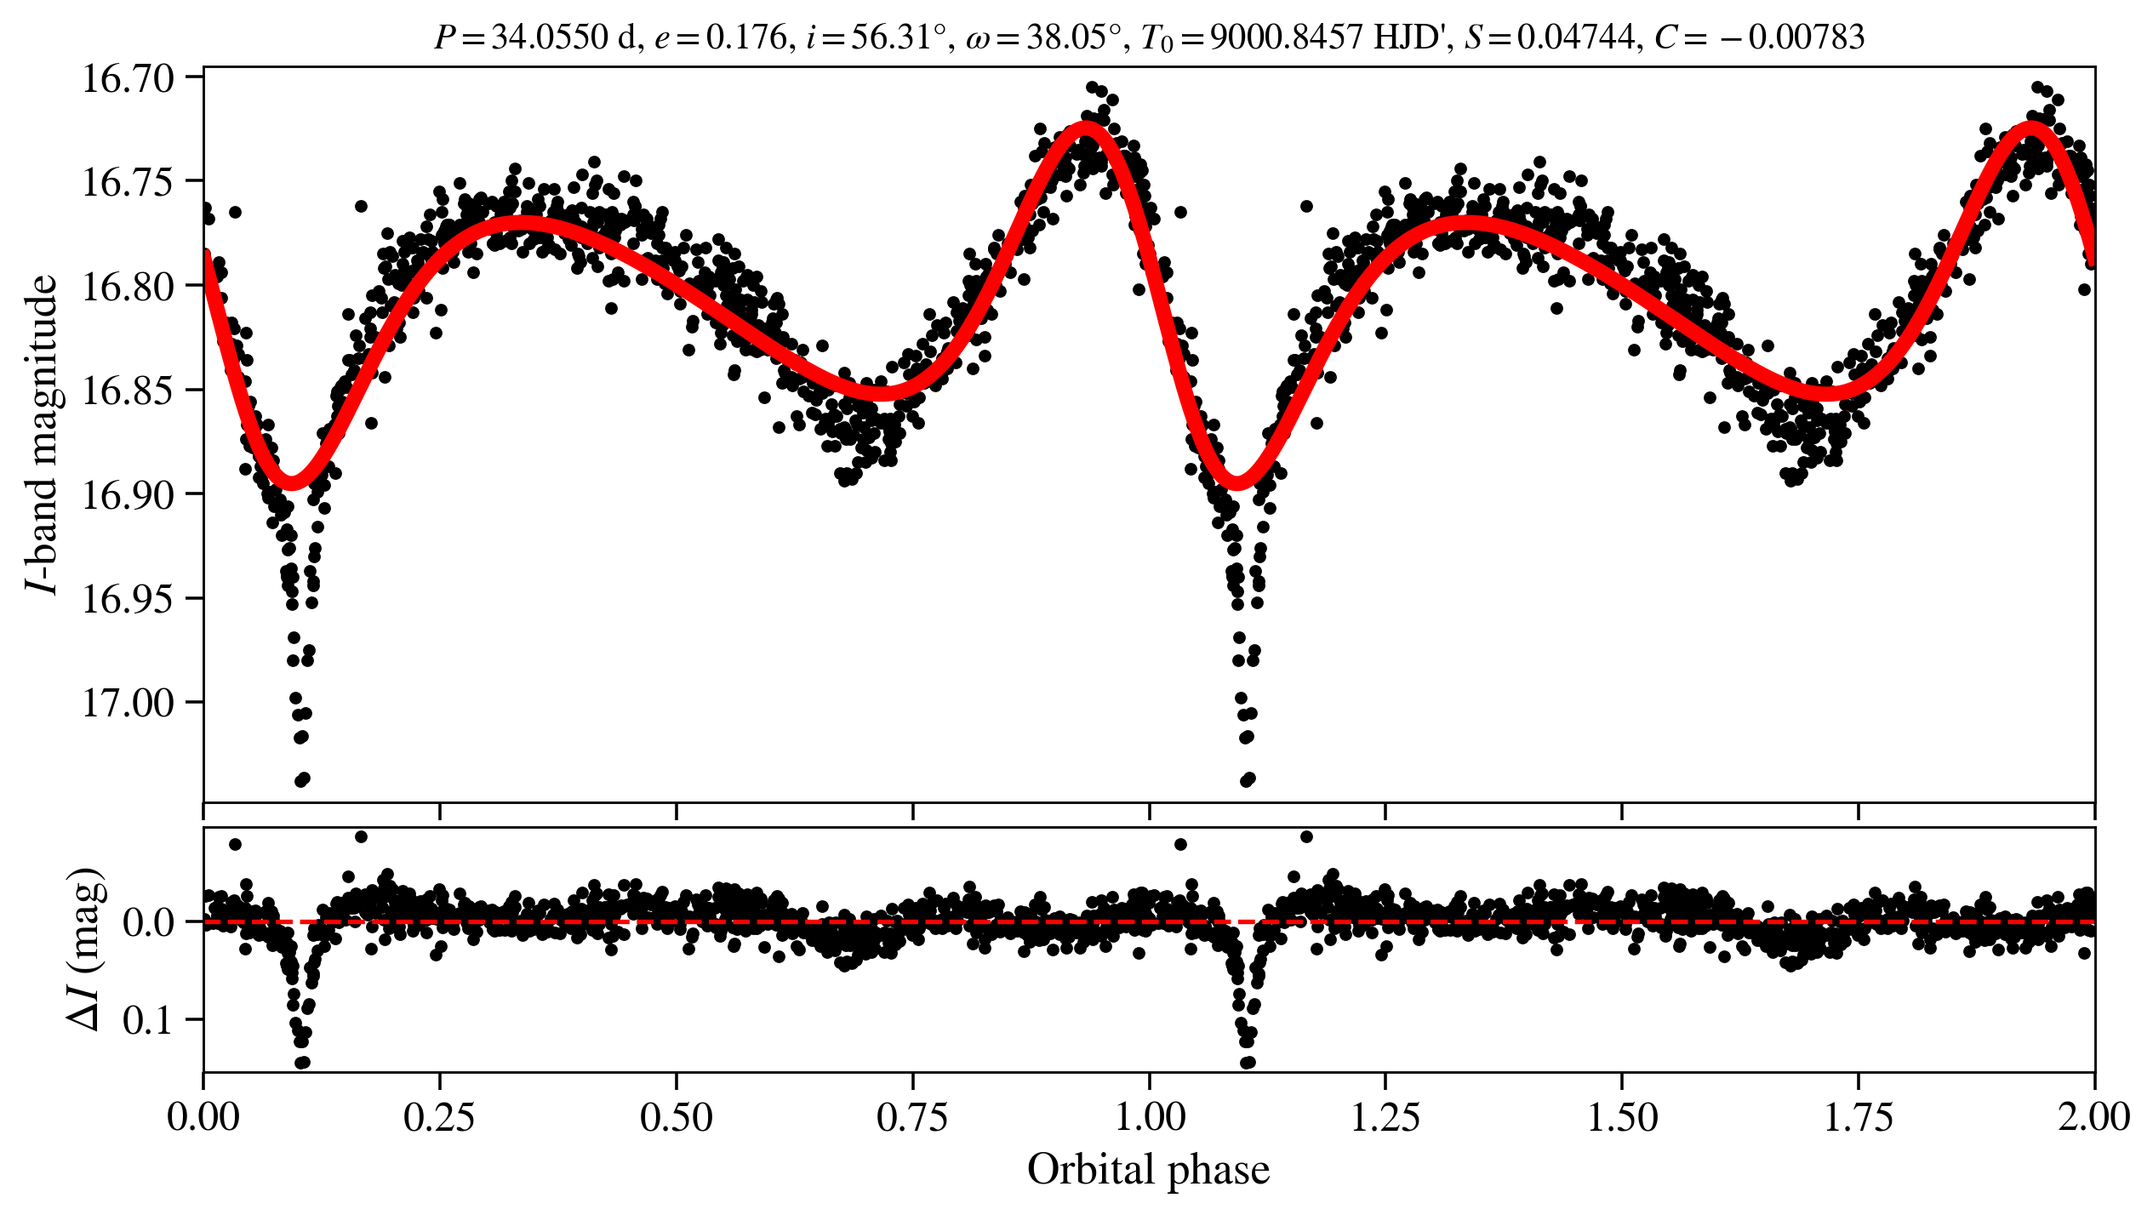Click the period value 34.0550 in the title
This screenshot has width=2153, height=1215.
pos(550,37)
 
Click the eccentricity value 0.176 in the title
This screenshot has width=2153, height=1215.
pos(747,37)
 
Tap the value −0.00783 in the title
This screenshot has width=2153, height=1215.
pos(1796,37)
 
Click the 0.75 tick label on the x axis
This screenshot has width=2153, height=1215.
pos(912,1117)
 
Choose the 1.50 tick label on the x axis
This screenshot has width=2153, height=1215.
pos(1622,1117)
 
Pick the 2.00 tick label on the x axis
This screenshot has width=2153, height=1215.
pos(2093,1117)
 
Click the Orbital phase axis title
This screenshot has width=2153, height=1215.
pos(1148,1170)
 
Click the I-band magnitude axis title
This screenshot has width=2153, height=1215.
pos(43,434)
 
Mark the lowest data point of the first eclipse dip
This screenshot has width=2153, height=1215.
pos(301,780)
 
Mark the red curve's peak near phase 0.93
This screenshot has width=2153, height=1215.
pos(1086,126)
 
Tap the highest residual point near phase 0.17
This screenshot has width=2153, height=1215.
pos(361,836)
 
